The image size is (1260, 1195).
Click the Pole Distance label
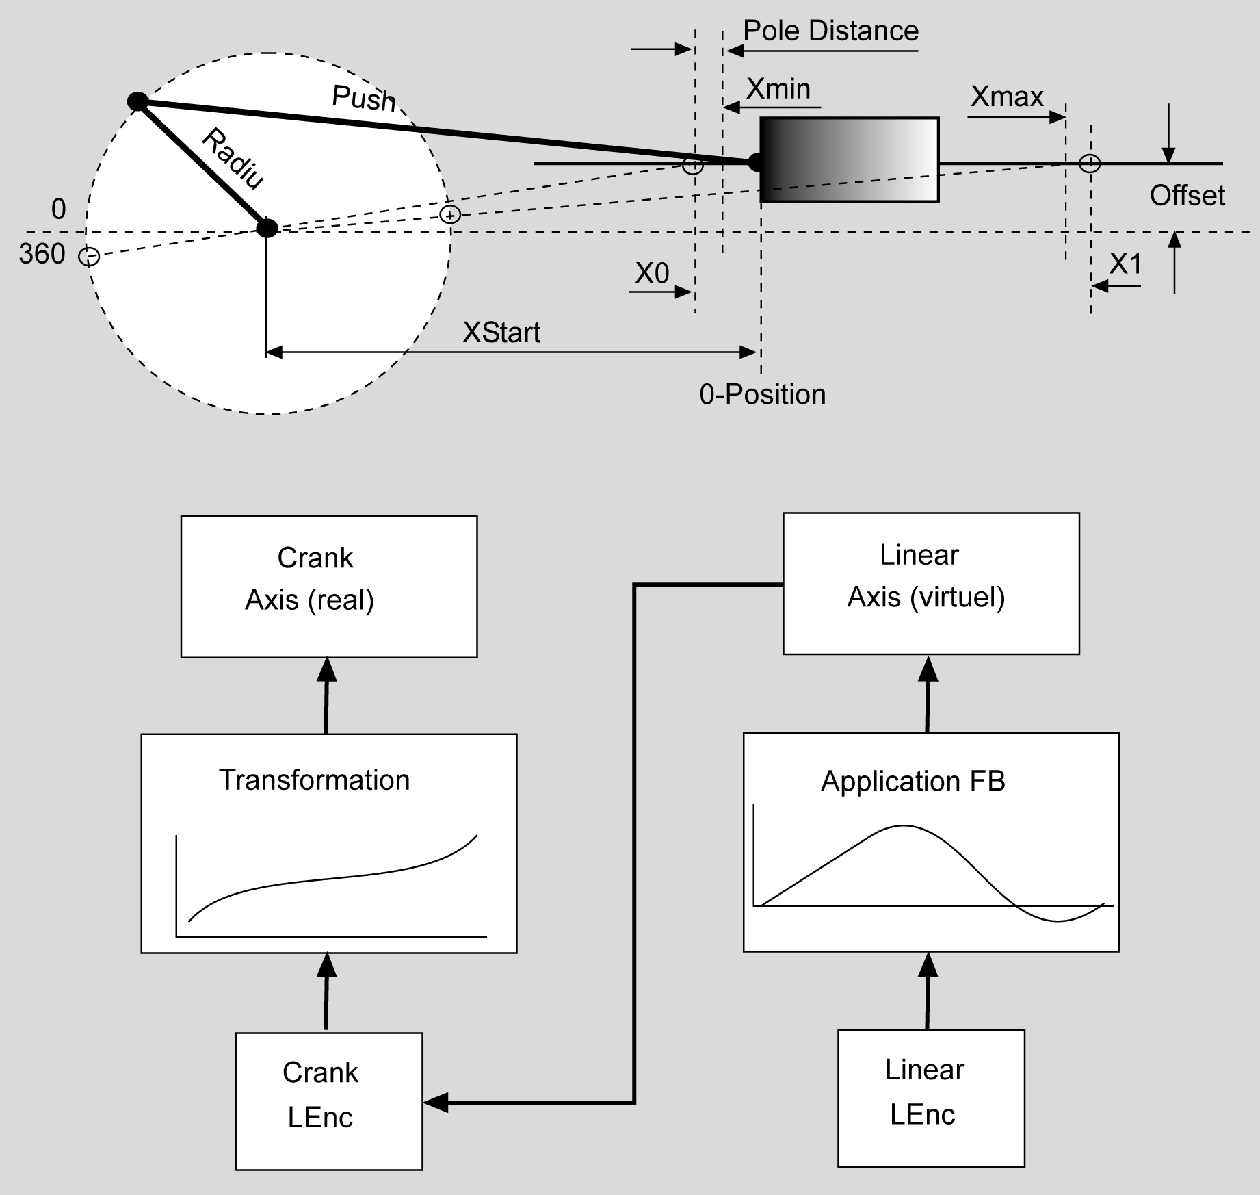click(x=830, y=31)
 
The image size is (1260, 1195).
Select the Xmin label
click(x=778, y=89)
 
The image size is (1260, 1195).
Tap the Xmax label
click(x=1007, y=97)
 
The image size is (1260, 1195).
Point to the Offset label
click(x=1187, y=196)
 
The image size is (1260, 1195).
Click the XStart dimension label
click(x=501, y=333)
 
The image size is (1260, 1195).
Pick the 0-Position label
click(x=762, y=395)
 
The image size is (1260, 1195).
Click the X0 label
click(x=651, y=274)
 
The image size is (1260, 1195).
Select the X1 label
click(x=1125, y=264)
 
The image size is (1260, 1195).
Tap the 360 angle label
click(x=42, y=255)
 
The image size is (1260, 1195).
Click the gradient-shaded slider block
click(x=850, y=160)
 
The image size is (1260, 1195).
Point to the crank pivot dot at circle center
click(x=267, y=228)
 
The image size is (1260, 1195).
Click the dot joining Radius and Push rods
click(x=137, y=101)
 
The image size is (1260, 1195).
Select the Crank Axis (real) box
click(x=329, y=587)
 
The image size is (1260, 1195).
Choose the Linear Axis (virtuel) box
click(x=931, y=584)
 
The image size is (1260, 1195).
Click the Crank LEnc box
click(x=329, y=1101)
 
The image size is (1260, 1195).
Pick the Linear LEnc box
click(x=931, y=1098)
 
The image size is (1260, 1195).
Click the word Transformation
click(x=314, y=780)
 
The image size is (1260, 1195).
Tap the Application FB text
click(x=913, y=782)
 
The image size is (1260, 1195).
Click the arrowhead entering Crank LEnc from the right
click(x=436, y=1103)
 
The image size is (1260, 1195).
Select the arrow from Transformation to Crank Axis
click(x=326, y=695)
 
